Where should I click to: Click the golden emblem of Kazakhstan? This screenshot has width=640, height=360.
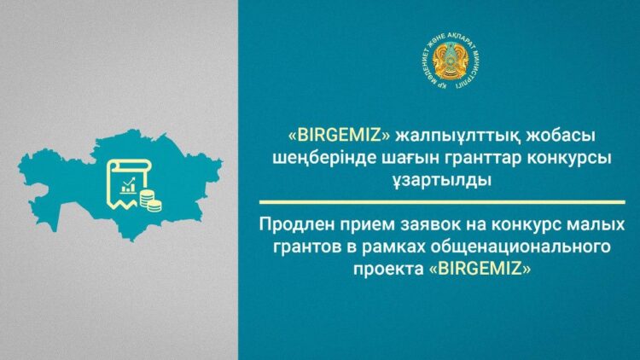pyautogui.click(x=451, y=65)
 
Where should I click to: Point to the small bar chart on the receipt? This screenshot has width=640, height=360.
pyautogui.click(x=129, y=183)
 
